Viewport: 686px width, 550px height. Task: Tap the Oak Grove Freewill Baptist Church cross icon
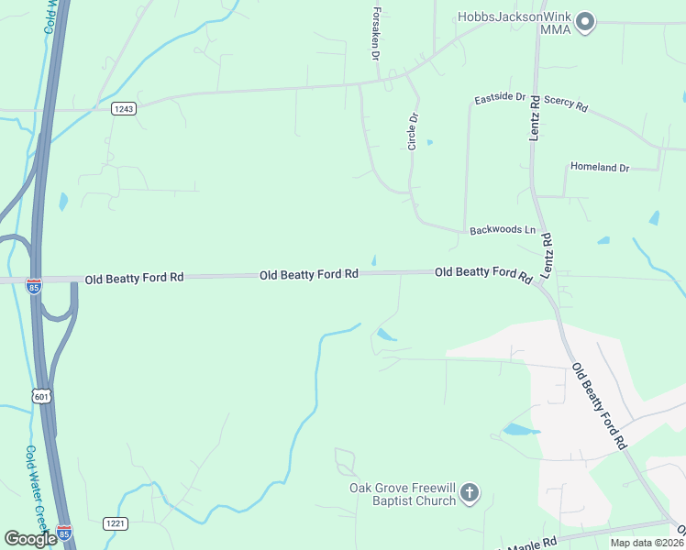tap(469, 494)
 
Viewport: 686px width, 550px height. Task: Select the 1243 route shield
tap(124, 108)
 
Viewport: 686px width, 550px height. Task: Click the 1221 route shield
tap(116, 523)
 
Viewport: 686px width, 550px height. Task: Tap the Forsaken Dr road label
tap(376, 36)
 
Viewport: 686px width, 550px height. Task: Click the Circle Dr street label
tap(413, 131)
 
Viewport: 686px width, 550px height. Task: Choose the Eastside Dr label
tap(500, 97)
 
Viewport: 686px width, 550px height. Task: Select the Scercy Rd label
tap(565, 102)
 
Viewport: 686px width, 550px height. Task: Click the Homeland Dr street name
tap(600, 168)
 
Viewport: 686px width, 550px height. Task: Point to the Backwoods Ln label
tap(502, 229)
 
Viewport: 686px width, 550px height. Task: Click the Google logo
tap(30, 538)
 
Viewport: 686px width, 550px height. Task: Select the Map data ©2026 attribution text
tap(646, 543)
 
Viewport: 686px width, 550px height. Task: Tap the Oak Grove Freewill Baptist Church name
tap(404, 494)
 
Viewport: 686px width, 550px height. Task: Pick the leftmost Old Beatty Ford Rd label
tap(134, 277)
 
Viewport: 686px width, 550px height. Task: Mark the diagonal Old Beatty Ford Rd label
tap(599, 406)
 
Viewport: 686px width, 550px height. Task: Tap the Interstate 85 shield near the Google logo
tap(64, 532)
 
